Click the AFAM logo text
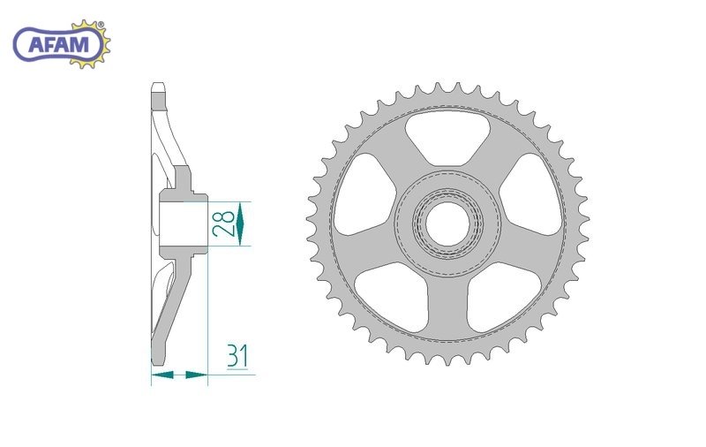tap(59, 45)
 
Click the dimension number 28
tap(224, 223)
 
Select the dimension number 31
tap(237, 356)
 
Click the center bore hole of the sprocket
tap(447, 224)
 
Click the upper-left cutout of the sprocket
tap(364, 194)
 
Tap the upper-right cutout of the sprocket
tap(531, 194)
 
